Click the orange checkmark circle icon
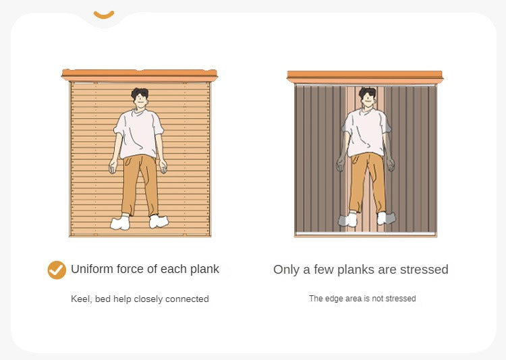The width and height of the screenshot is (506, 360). (57, 270)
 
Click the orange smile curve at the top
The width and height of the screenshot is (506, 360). (104, 15)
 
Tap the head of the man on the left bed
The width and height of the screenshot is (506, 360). (140, 98)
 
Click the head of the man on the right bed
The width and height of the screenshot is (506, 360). (368, 97)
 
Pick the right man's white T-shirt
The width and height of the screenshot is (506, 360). (366, 132)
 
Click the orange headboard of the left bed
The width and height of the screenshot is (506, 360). (140, 76)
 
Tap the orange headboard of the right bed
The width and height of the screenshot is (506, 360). (365, 77)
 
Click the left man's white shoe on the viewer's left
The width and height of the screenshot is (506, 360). (120, 222)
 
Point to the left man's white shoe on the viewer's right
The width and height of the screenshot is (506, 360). (159, 221)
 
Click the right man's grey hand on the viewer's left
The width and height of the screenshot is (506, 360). (341, 164)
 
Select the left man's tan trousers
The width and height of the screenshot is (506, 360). (140, 185)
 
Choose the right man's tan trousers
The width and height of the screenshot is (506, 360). (368, 182)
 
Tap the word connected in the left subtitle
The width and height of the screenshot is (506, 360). (187, 299)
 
